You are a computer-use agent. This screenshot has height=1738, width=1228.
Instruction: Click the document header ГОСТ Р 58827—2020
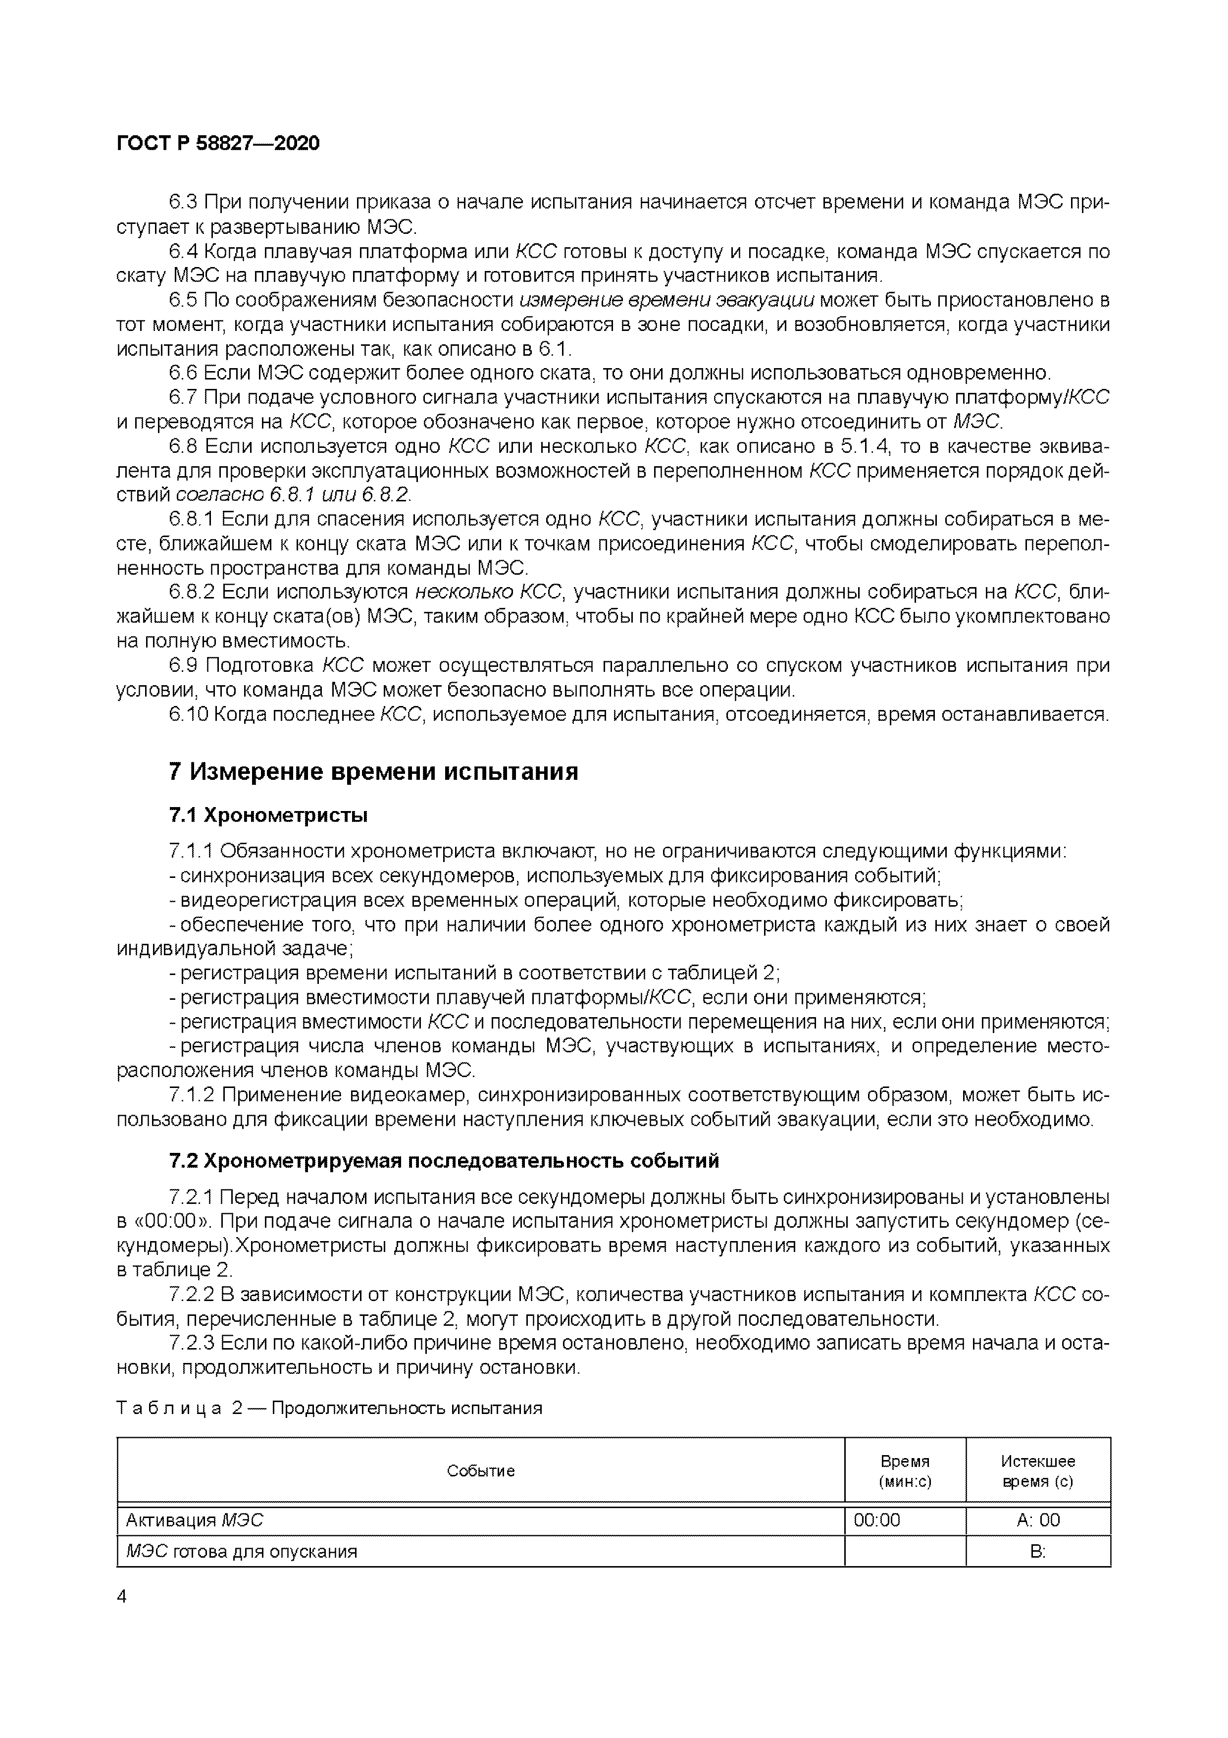[x=219, y=143]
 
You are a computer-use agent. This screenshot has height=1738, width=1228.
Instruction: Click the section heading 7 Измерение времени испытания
[x=373, y=771]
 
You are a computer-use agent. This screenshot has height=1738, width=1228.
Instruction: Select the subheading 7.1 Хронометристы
[x=268, y=815]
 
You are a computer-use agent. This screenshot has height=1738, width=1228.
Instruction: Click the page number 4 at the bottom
[x=123, y=1596]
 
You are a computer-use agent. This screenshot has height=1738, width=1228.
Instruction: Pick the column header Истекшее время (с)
[x=1037, y=1471]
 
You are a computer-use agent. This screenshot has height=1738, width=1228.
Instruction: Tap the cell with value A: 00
[x=1038, y=1520]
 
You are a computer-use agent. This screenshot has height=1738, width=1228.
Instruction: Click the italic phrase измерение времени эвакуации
[x=667, y=301]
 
